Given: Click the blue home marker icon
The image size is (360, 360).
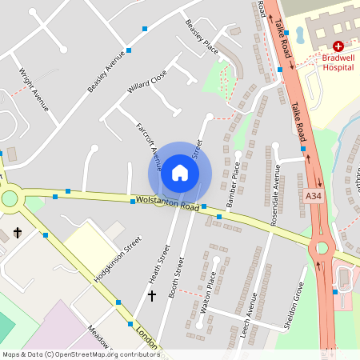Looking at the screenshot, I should pos(180,173).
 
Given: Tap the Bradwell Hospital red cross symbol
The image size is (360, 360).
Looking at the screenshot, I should pos(338,47).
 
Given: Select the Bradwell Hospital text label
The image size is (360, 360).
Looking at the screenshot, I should pos(338,62).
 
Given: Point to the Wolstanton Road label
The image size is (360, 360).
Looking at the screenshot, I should pos(166,203).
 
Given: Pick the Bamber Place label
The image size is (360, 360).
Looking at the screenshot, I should pos(233,184).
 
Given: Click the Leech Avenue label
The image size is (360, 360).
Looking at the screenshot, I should pos(249,314).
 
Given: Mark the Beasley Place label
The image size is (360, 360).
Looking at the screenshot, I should pos(202,38).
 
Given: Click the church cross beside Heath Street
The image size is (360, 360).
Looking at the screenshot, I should pos(152,296).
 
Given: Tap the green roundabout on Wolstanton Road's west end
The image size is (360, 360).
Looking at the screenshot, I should pos(9,198).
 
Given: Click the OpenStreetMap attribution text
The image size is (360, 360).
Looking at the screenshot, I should pos(81,354).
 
